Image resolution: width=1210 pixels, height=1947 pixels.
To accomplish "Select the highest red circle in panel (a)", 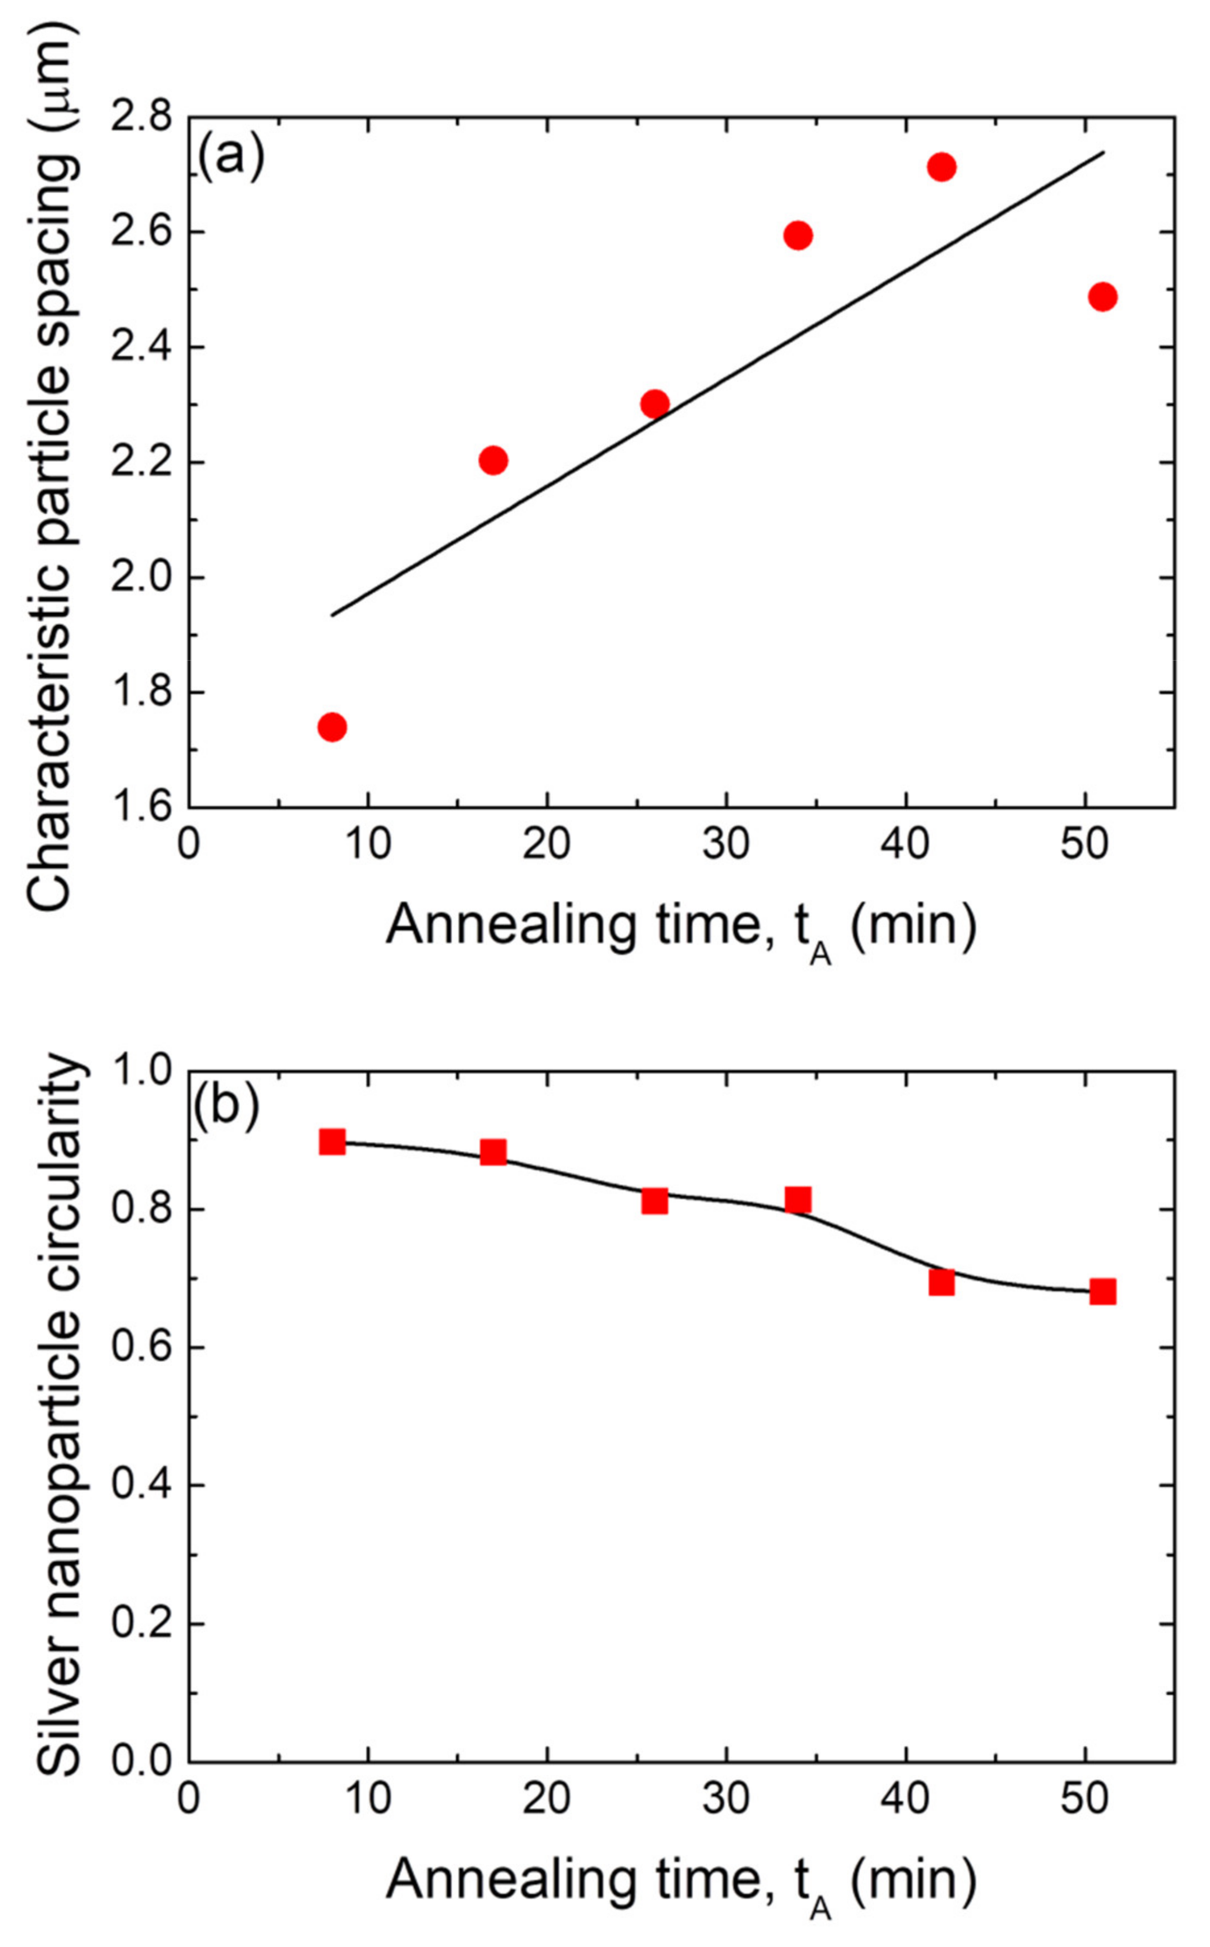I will click(x=942, y=167).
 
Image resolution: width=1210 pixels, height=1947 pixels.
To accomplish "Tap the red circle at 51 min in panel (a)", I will click(x=1103, y=296).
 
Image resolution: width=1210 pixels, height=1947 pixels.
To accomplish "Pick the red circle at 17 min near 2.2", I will click(x=494, y=460).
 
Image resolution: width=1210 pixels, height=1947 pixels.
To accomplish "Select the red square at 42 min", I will click(x=942, y=1283).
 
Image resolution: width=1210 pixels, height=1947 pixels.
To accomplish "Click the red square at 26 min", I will click(x=654, y=1201).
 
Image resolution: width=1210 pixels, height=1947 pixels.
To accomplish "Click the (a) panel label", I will click(x=231, y=155).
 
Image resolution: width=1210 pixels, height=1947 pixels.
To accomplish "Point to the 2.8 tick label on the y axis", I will click(x=142, y=118).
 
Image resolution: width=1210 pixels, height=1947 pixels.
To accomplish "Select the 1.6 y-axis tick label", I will click(x=142, y=807).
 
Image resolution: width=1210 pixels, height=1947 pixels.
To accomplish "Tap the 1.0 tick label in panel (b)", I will click(x=142, y=1071).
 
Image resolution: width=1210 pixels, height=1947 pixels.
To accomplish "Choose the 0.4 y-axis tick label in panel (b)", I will click(x=142, y=1486).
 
